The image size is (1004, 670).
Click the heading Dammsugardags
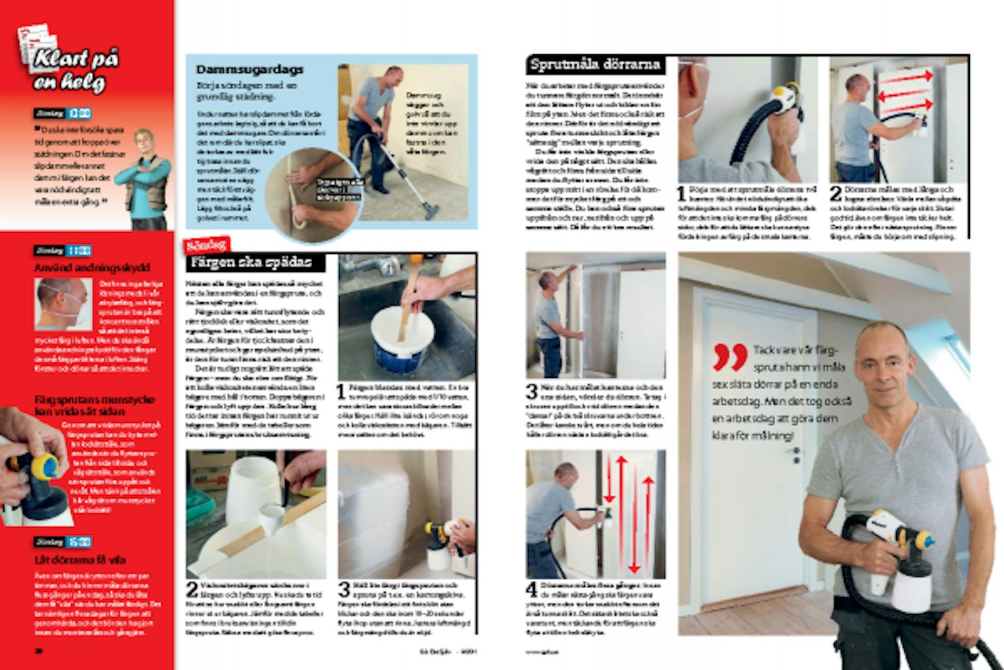tap(250, 70)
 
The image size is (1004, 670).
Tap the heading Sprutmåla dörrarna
tap(595, 65)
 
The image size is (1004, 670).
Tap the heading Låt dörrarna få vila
tap(80, 559)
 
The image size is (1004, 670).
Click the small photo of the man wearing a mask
tap(62, 304)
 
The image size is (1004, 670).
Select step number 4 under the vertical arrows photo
tap(531, 590)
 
